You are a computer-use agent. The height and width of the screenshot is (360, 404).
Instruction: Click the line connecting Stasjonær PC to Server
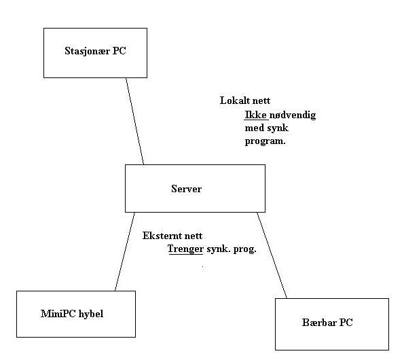point(134,121)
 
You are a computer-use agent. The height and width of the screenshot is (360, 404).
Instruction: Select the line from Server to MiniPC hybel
point(125,251)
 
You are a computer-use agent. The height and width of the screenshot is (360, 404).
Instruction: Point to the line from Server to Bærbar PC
point(272,255)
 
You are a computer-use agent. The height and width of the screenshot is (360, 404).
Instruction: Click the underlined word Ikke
point(255,115)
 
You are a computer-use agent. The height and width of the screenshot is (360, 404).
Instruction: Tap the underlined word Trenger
point(185,249)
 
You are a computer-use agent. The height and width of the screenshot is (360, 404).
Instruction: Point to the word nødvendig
point(293,115)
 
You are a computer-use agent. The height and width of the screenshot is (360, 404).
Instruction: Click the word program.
point(265,141)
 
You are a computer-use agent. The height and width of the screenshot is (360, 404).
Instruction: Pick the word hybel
point(91,314)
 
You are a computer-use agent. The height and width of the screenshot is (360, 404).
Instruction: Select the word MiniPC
point(58,314)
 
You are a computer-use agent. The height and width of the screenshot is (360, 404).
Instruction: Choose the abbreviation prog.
point(244,249)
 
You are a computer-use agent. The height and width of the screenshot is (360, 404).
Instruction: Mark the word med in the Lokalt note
point(255,128)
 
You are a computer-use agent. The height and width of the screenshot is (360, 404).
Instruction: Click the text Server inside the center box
point(186,189)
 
